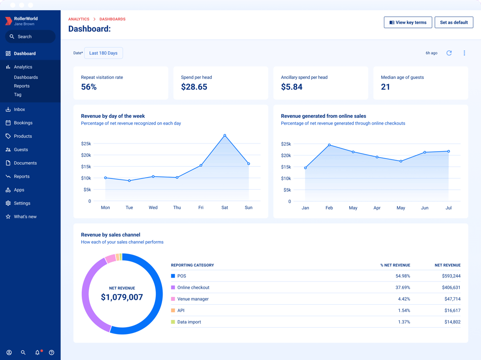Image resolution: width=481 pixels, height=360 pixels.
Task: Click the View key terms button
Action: pos(408,23)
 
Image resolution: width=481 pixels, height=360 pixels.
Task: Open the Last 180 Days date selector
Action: pos(103,53)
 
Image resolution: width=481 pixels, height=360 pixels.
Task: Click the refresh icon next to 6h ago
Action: pos(449,53)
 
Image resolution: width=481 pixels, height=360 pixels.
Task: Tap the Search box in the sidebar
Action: pos(30,37)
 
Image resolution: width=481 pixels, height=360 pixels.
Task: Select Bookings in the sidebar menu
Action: pos(23,123)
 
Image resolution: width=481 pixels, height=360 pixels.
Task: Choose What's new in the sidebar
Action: pos(25,217)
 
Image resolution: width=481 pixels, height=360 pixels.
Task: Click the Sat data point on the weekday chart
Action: pos(225,136)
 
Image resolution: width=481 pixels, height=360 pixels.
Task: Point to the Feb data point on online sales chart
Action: pos(329,145)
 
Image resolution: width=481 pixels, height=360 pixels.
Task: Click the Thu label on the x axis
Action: pos(177,207)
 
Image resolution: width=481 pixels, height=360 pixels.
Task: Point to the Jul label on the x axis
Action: pos(448,208)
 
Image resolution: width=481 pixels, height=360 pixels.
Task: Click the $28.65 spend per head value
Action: pos(194,87)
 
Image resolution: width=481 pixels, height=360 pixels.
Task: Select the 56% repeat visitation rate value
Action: pos(89,87)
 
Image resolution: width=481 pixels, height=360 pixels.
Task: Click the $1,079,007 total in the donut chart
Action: pos(122,297)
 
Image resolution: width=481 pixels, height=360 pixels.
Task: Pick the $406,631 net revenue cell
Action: pos(451,287)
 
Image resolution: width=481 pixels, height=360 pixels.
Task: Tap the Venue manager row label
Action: pos(193,299)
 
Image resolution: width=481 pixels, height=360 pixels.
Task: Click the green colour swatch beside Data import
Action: pos(173,322)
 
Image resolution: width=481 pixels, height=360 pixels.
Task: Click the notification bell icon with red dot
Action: pos(38,352)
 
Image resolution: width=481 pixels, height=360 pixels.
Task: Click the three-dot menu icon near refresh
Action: pos(464,53)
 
